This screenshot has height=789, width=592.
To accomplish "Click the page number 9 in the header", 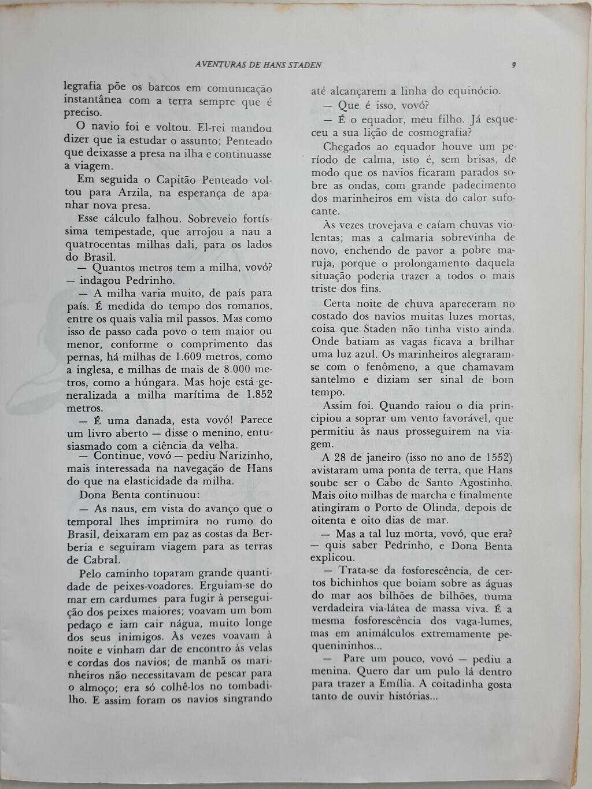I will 513,65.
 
